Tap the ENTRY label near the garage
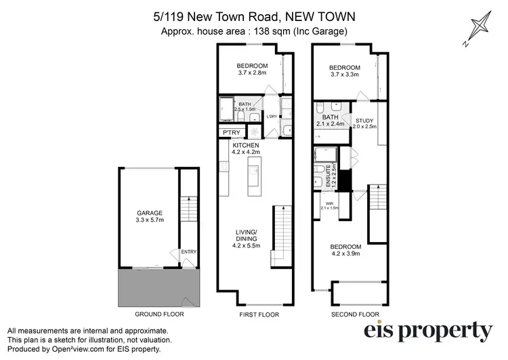[188, 252]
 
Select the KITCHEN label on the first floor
[245, 146]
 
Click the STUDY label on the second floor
[365, 122]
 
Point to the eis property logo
[428, 331]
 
